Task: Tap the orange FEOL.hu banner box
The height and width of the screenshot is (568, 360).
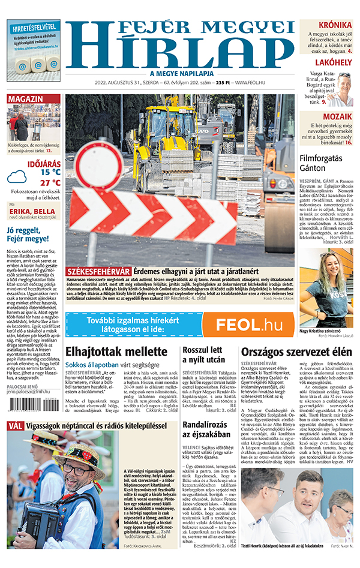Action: pyautogui.click(x=248, y=324)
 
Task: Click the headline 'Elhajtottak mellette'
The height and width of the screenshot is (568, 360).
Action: pyautogui.click(x=112, y=352)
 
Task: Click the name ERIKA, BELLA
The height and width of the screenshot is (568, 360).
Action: pyautogui.click(x=32, y=212)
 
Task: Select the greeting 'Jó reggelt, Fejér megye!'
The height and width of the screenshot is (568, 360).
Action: pyautogui.click(x=27, y=235)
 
